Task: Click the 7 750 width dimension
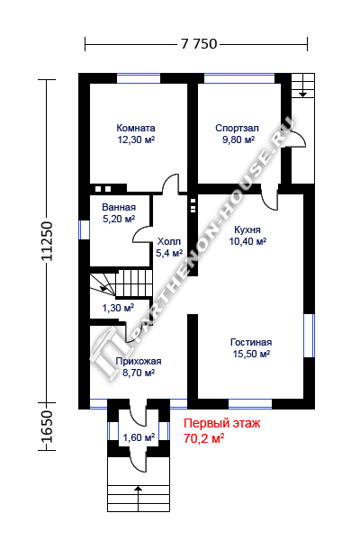[199, 44]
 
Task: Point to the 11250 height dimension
[47, 241]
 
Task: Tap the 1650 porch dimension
[47, 427]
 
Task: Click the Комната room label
[136, 128]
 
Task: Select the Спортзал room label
[237, 128]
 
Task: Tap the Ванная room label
[119, 207]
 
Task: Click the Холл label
[169, 241]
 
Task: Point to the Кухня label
[247, 229]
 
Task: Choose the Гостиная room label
[251, 342]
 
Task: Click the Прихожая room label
[139, 361]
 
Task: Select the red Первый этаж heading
[222, 423]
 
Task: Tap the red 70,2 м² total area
[204, 438]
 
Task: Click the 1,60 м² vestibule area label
[139, 437]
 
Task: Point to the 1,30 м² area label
[118, 308]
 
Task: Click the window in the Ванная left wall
[84, 229]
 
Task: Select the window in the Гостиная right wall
[309, 336]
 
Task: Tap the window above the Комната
[139, 78]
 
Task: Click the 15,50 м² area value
[251, 354]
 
